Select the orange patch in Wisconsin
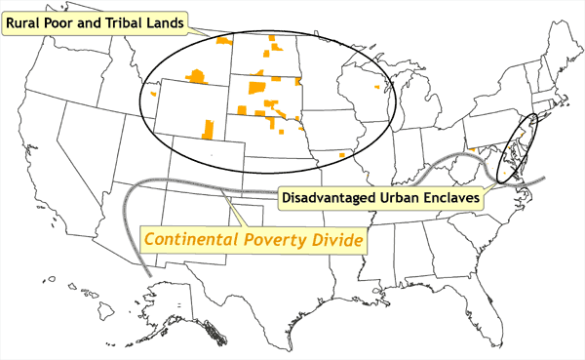point(378,86)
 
